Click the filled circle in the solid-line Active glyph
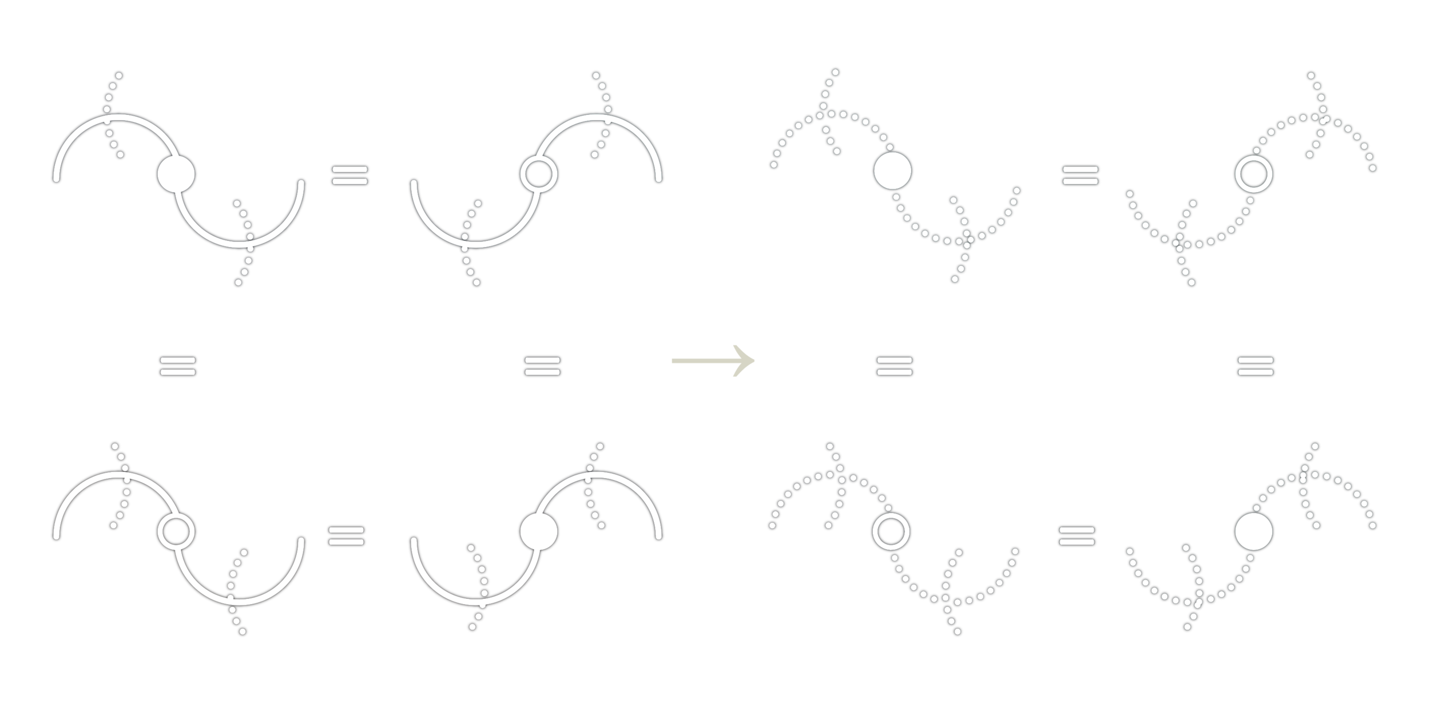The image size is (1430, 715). pyautogui.click(x=176, y=174)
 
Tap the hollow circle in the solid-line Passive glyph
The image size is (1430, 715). pyautogui.click(x=539, y=174)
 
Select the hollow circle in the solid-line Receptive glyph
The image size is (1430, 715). pyautogui.click(x=176, y=531)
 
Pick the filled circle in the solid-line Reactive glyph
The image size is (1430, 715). pyautogui.click(x=539, y=531)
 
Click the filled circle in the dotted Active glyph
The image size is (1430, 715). pyautogui.click(x=892, y=170)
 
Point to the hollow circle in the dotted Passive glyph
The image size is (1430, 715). pyautogui.click(x=1254, y=173)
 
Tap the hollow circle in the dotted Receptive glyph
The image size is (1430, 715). pyautogui.click(x=891, y=531)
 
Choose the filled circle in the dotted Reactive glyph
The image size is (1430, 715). pyautogui.click(x=1254, y=531)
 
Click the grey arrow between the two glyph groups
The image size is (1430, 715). pyautogui.click(x=713, y=361)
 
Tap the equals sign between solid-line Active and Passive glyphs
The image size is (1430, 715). pyautogui.click(x=349, y=174)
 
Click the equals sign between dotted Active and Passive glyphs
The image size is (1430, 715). pyautogui.click(x=1080, y=174)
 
